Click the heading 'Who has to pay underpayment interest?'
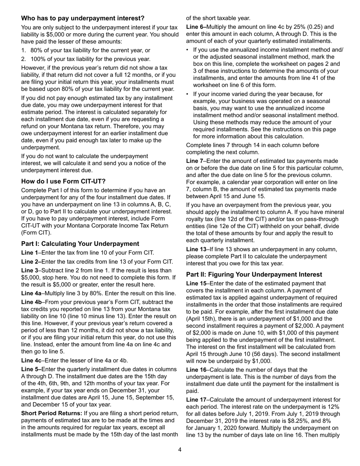[x=83, y=18]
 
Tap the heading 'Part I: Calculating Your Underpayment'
[x=80, y=244]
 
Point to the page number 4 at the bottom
[x=180, y=450]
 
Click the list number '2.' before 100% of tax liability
[x=24, y=59]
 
